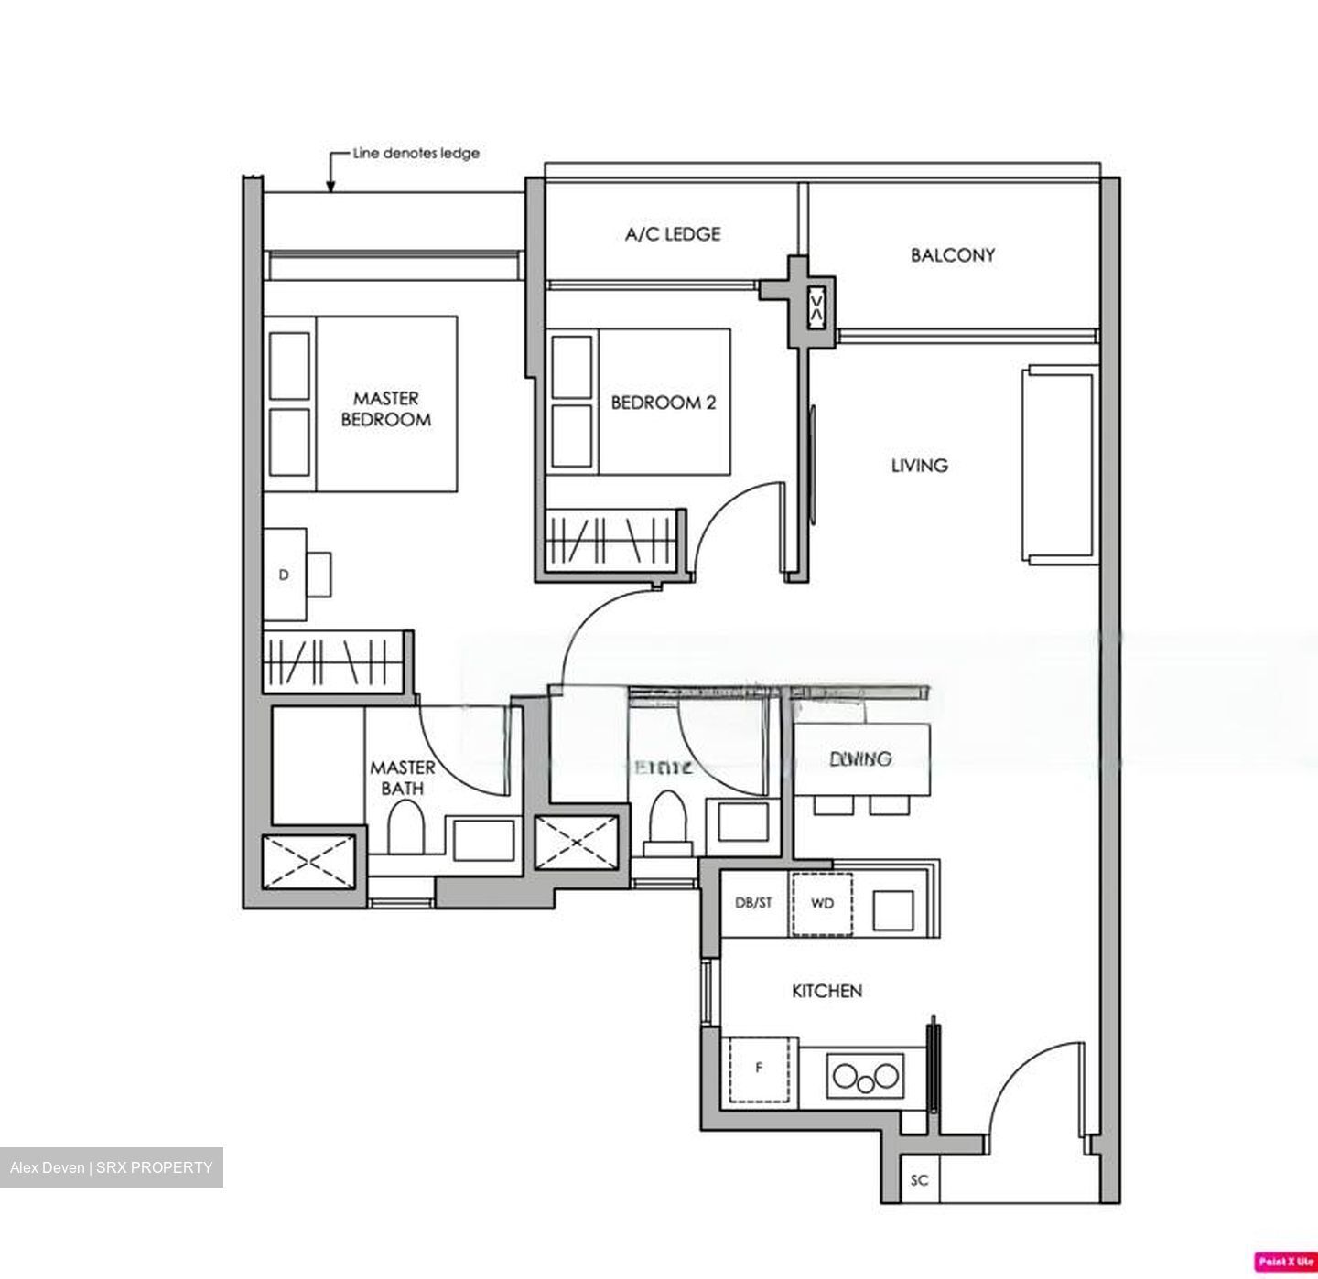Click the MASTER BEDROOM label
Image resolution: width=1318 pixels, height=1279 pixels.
coord(385,409)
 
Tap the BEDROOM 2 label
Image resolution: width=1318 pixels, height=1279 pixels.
coord(663,403)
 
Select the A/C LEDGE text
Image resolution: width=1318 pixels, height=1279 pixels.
coord(673,234)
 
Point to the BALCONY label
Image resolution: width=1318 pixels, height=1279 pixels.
coord(952,255)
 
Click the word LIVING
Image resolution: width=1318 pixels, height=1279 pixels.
coord(919,466)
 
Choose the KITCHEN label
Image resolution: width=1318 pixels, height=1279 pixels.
coord(826,991)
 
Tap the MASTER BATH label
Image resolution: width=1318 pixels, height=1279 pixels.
coord(402,778)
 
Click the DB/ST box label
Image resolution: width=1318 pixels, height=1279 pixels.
coord(753,903)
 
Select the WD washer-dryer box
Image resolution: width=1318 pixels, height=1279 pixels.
coord(822,904)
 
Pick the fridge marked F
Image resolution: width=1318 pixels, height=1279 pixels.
coord(759,1069)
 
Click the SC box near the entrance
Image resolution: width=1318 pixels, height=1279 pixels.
coord(919,1180)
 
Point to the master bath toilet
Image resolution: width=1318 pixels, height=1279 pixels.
coord(405,829)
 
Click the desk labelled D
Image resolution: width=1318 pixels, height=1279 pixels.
coord(285,575)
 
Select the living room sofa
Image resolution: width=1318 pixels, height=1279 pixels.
coord(1060,465)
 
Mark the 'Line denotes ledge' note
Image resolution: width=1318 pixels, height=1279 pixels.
coord(416,153)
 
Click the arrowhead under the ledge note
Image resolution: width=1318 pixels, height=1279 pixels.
coord(331,187)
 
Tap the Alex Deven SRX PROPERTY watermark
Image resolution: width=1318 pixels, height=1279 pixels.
coord(111,1167)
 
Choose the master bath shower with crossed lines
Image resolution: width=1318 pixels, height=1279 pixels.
coord(309,861)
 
